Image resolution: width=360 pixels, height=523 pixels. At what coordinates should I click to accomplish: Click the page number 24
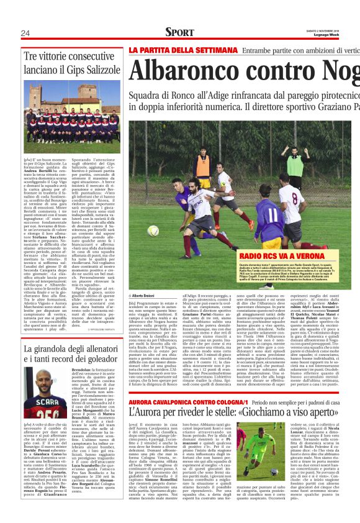25,33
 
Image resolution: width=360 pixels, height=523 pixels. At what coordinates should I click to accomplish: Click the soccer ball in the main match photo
153,230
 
